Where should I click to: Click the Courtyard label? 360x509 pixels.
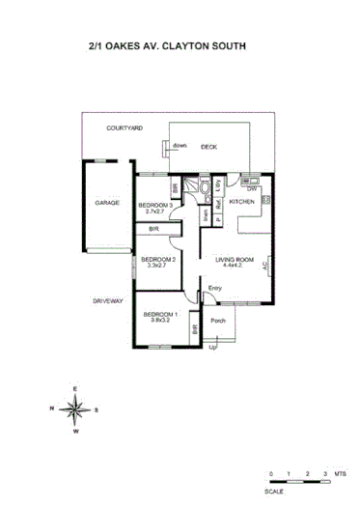pyautogui.click(x=125, y=128)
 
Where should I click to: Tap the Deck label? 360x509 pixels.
pyautogui.click(x=208, y=147)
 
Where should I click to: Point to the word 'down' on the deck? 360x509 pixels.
pyautogui.click(x=180, y=146)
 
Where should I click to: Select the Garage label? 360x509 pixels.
pyautogui.click(x=106, y=203)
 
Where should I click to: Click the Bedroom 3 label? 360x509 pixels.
pyautogui.click(x=156, y=204)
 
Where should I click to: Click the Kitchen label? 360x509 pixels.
pyautogui.click(x=242, y=202)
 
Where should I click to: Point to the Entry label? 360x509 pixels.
pyautogui.click(x=214, y=287)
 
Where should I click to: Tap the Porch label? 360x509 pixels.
pyautogui.click(x=218, y=321)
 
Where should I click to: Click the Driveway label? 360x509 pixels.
pyautogui.click(x=109, y=301)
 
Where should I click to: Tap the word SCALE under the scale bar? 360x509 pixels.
pyautogui.click(x=275, y=492)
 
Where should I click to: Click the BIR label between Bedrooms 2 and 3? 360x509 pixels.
pyautogui.click(x=153, y=229)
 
